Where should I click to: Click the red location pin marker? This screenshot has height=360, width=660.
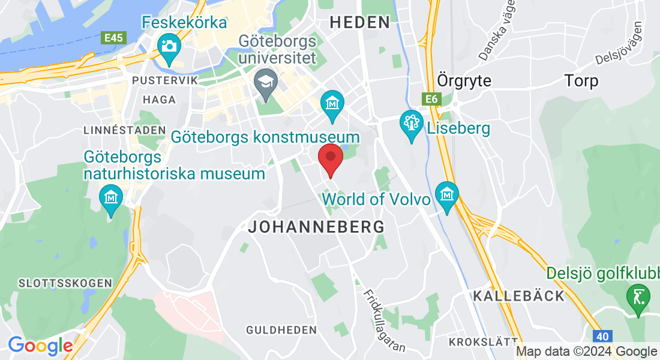pyautogui.click(x=330, y=157)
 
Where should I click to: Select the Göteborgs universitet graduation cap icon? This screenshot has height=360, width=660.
pyautogui.click(x=264, y=80)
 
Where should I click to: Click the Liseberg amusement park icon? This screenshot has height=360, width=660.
pyautogui.click(x=412, y=124)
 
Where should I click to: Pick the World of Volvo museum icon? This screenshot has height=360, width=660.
pyautogui.click(x=447, y=194)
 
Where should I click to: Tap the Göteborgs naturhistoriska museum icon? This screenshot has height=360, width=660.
pyautogui.click(x=111, y=197)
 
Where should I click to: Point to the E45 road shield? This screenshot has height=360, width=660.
pyautogui.click(x=113, y=38)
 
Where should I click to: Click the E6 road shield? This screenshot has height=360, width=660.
pyautogui.click(x=430, y=99)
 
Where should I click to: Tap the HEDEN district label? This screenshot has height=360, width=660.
pyautogui.click(x=360, y=23)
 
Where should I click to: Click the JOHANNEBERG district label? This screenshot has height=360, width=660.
pyautogui.click(x=316, y=227)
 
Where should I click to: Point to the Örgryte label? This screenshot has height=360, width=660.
pyautogui.click(x=464, y=80)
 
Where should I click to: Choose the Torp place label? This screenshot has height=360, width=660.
pyautogui.click(x=581, y=80)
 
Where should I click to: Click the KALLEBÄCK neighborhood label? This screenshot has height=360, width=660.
pyautogui.click(x=518, y=296)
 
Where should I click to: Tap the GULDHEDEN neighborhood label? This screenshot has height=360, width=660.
pyautogui.click(x=281, y=330)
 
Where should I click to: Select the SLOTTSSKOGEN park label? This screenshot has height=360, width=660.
pyautogui.click(x=65, y=283)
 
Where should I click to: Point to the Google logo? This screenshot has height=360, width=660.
pyautogui.click(x=40, y=346)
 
